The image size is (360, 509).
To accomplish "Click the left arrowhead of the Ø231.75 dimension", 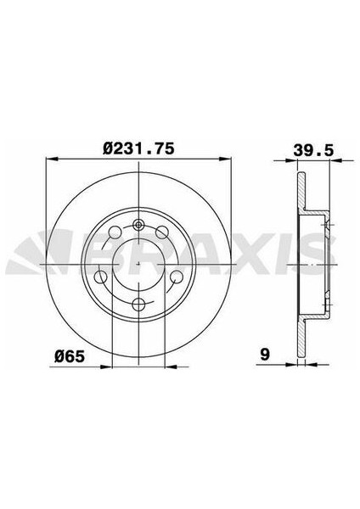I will pyautogui.click(x=48, y=159).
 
